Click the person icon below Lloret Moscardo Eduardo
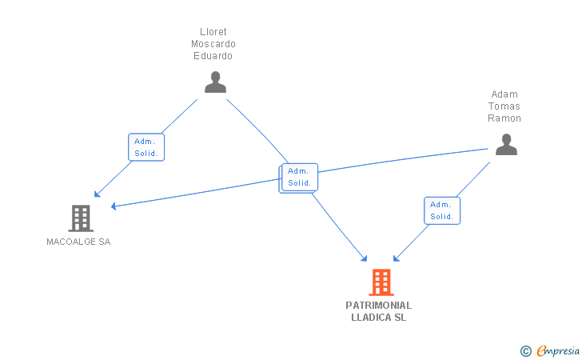tap(215, 82)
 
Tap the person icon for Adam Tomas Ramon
tap(506, 144)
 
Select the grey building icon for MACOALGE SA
tap(81, 218)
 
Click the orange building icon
tap(381, 282)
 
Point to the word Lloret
tap(213, 31)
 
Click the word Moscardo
tap(213, 44)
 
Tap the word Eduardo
tap(213, 56)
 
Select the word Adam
tap(504, 94)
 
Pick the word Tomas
tap(504, 106)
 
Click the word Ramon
tap(504, 118)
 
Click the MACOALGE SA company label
tap(78, 242)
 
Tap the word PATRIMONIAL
tap(379, 306)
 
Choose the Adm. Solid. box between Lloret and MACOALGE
tap(146, 147)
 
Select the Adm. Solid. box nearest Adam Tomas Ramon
tap(442, 210)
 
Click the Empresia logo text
tap(558, 350)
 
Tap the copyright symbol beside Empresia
tap(525, 351)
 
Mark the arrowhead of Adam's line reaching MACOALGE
tap(114, 206)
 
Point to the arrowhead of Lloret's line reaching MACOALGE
tap(97, 194)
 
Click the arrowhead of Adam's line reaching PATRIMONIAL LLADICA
tap(396, 258)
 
